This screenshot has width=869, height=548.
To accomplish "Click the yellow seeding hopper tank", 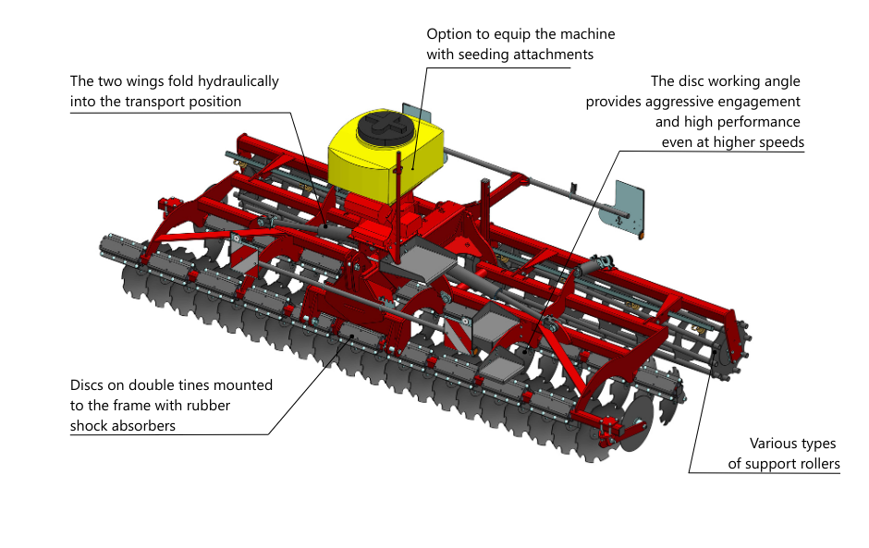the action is point(386,155).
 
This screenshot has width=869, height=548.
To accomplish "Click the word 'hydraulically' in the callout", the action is point(239,81).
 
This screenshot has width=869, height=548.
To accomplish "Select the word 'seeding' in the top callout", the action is point(483,55).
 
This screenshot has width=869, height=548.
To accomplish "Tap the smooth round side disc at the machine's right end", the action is point(636,422).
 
